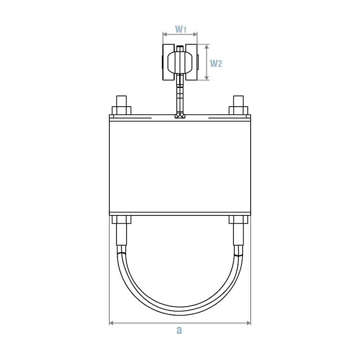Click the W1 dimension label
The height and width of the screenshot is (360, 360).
(x=180, y=30)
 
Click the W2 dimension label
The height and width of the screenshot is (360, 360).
(x=217, y=63)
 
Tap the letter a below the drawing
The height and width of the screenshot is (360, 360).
(x=179, y=330)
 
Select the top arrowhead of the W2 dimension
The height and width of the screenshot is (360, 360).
(x=207, y=46)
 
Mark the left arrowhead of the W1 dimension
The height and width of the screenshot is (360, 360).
(x=165, y=35)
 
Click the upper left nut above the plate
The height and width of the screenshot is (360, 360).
(x=121, y=110)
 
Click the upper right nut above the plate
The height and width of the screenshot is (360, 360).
(x=238, y=110)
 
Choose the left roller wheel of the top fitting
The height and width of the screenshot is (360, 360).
(x=168, y=63)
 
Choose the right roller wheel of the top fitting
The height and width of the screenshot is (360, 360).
(x=191, y=63)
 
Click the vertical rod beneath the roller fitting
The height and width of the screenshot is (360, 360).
(x=179, y=94)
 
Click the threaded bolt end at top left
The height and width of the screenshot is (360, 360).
(x=121, y=100)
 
